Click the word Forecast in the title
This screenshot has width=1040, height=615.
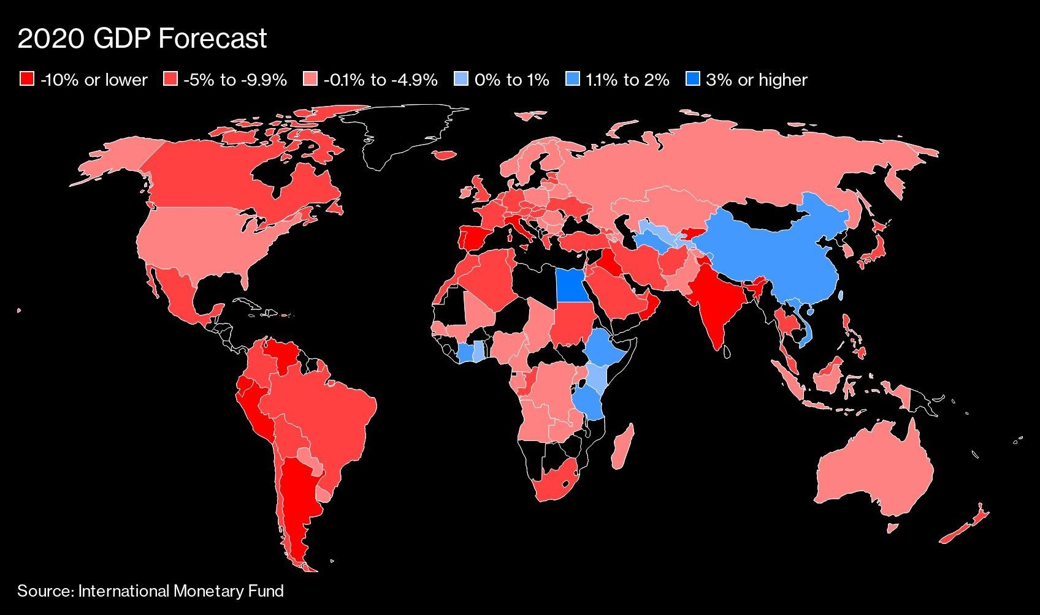(213, 39)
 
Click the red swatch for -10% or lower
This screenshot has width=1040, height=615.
(26, 80)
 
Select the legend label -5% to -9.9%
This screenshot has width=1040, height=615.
(235, 80)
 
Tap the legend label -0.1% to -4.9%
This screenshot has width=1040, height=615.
(380, 80)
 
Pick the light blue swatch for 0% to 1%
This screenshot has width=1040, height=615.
(461, 80)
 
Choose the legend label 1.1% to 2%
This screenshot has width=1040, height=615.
(627, 80)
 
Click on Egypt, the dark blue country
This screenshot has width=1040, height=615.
(571, 286)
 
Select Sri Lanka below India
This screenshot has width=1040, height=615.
(726, 352)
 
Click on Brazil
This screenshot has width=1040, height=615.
(331, 417)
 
